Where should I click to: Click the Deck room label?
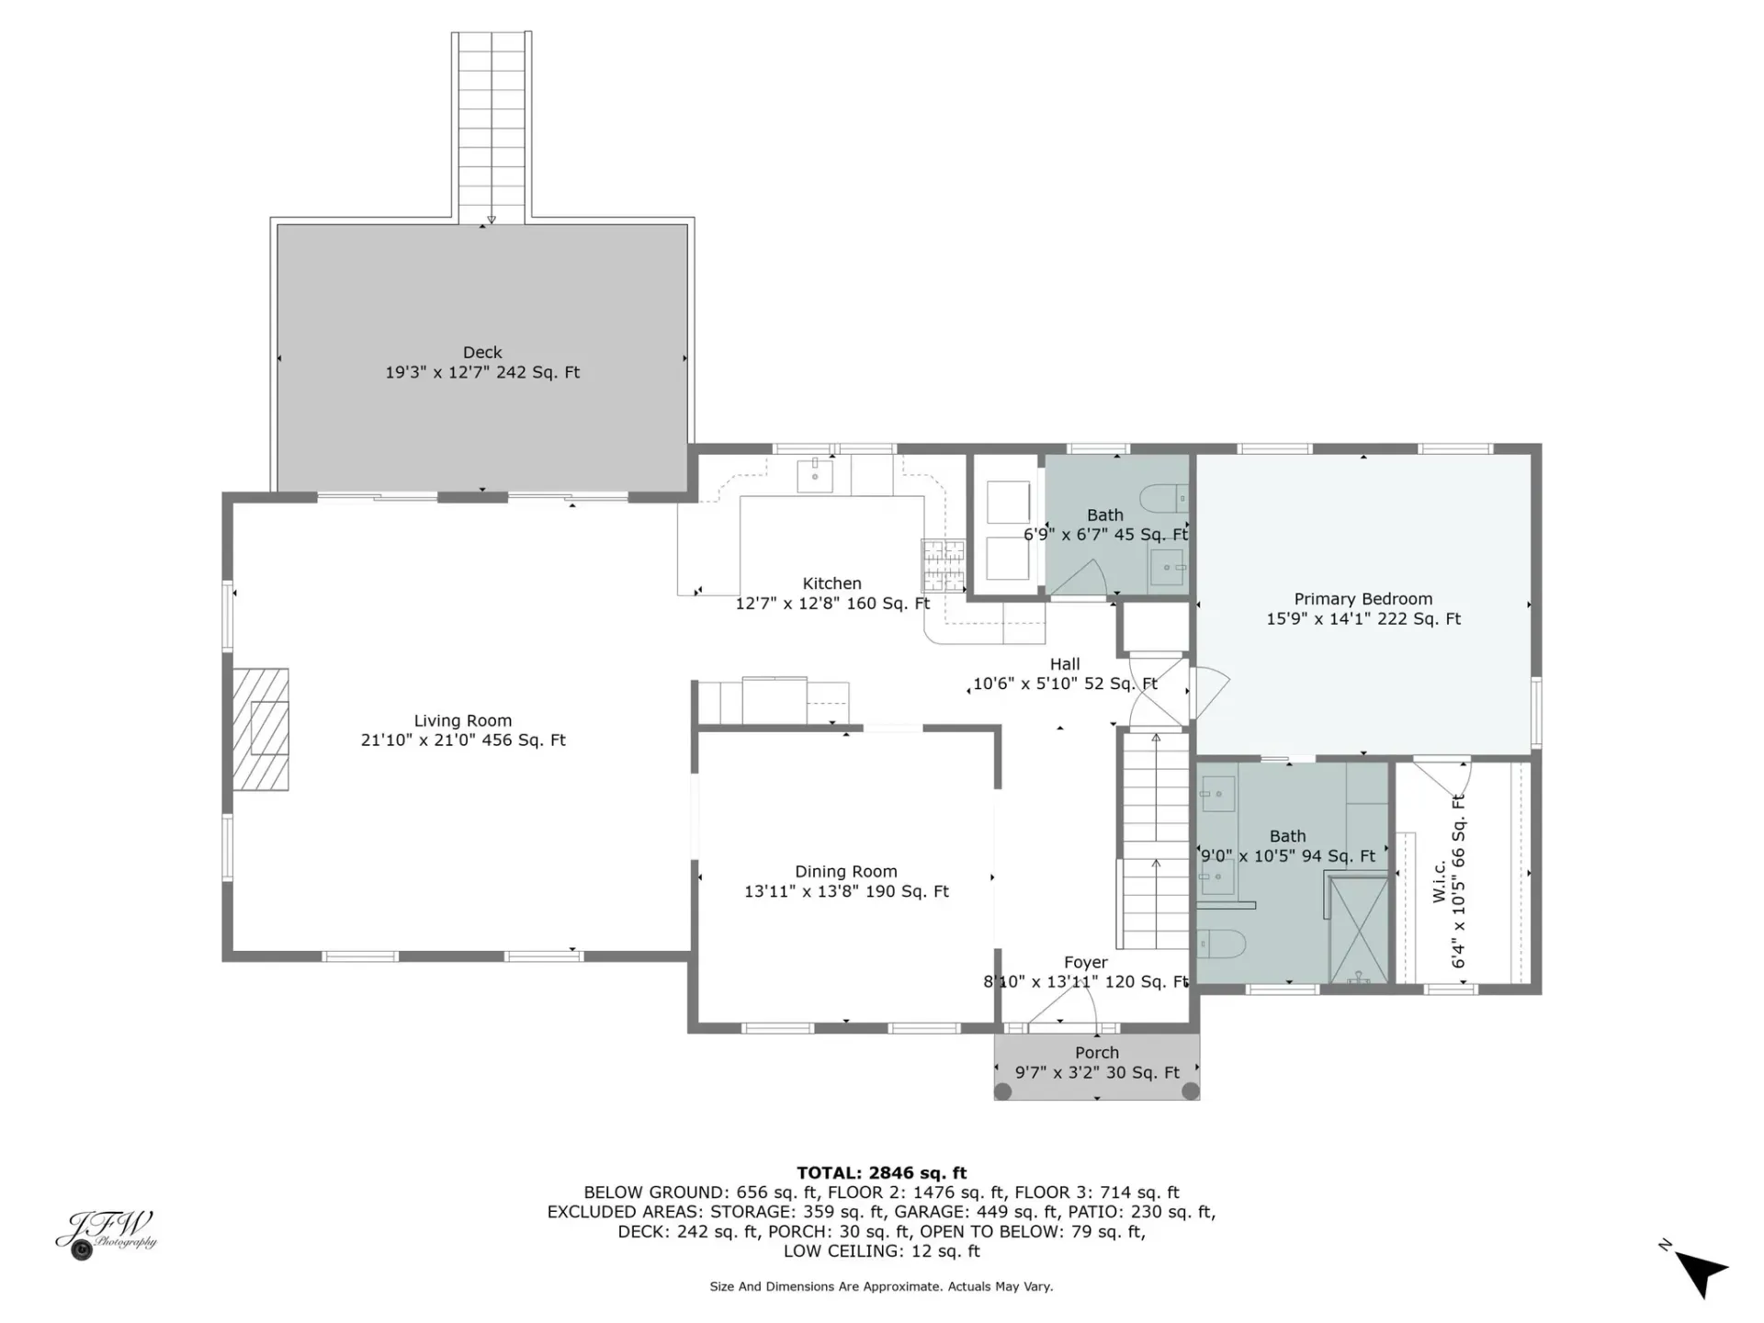482,353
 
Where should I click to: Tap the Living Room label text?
463,721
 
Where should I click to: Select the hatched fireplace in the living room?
260,729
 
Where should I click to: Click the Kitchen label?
832,583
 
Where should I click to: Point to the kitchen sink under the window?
815,476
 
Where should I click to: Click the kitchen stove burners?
944,565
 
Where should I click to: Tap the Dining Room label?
846,872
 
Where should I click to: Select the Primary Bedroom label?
1363,599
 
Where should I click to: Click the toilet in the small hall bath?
1164,499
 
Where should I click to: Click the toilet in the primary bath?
1221,944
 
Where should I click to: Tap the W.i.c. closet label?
1440,881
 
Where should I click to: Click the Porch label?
1097,1053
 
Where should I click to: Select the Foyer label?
1086,963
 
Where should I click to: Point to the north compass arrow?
1702,1273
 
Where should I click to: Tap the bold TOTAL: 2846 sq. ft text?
882,1173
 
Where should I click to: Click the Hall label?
1065,664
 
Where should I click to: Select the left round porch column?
1003,1091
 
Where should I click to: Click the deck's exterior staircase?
492,128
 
